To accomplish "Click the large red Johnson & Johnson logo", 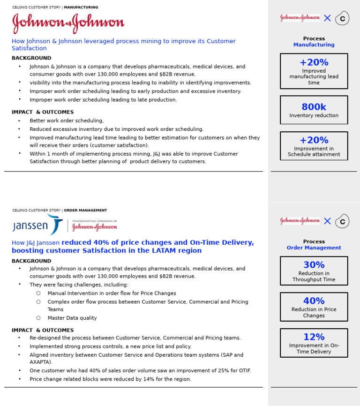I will click(x=68, y=23).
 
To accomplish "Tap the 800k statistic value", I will click(x=314, y=107).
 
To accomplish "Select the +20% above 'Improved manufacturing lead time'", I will click(x=314, y=62).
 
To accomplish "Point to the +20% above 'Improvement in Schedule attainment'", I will click(x=314, y=140).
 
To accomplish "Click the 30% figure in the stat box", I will click(x=314, y=265).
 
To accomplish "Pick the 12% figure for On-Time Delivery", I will click(x=314, y=337).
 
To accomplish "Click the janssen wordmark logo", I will click(x=31, y=226).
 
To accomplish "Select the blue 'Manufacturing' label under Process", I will click(x=314, y=45).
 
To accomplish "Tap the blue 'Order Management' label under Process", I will click(x=314, y=248).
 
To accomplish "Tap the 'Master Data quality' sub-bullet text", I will click(x=72, y=318).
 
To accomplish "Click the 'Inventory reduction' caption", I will click(x=314, y=116).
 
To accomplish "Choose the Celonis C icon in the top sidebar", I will click(x=342, y=18).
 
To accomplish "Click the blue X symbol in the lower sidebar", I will click(x=327, y=221).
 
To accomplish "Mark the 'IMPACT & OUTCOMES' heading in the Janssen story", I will click(x=43, y=331).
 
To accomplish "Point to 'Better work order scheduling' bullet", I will click(x=67, y=121).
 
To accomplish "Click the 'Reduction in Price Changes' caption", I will click(x=314, y=313).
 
